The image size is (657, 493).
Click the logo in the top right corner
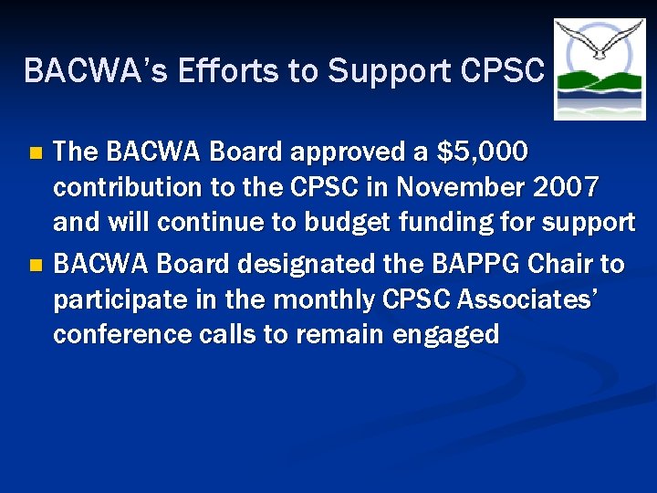[x=600, y=69]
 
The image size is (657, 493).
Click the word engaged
[x=446, y=335]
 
